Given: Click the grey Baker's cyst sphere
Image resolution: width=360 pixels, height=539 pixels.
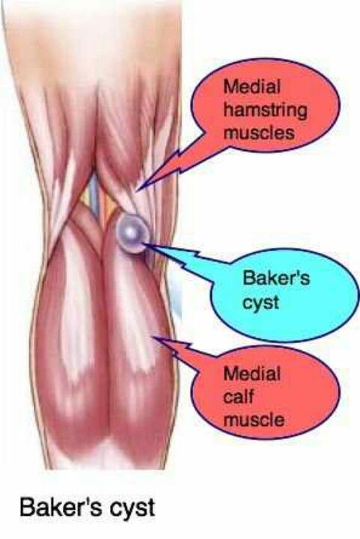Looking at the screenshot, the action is [132, 233].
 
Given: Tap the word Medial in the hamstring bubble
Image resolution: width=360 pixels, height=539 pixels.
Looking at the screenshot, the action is [251, 86].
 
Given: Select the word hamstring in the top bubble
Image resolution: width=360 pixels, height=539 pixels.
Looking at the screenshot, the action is [265, 111].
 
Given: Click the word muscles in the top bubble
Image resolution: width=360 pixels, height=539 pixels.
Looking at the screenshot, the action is [259, 133].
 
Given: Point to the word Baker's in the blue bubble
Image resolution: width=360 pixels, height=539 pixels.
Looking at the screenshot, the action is [276, 278].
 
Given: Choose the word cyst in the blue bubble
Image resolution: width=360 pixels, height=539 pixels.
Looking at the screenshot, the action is [260, 303].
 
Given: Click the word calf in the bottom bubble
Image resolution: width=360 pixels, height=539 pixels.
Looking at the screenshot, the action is [238, 396].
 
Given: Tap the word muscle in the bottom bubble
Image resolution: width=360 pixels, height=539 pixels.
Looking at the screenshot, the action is [254, 420].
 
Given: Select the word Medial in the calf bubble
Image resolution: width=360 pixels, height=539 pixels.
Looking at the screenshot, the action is [251, 374].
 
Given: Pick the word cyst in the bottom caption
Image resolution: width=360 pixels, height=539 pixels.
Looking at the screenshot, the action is [132, 509].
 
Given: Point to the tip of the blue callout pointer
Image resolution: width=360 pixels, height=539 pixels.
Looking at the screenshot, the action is [143, 244].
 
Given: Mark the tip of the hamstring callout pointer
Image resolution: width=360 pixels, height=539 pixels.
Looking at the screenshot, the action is [137, 189].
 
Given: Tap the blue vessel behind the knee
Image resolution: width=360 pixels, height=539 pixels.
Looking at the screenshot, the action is [94, 198].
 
